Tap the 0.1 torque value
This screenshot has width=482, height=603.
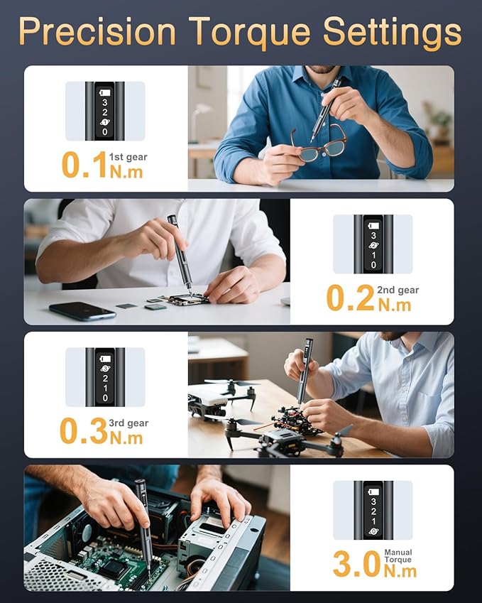[x=84, y=164]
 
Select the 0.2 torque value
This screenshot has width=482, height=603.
[x=350, y=298]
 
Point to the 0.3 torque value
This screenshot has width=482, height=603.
[x=83, y=431]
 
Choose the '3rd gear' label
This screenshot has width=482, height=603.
[x=128, y=423]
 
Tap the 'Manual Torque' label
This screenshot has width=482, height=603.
[x=398, y=555]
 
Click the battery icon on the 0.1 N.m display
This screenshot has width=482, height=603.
[x=104, y=92]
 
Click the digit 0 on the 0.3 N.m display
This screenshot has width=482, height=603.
[x=105, y=398]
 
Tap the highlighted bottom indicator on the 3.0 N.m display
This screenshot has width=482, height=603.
[x=373, y=531]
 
